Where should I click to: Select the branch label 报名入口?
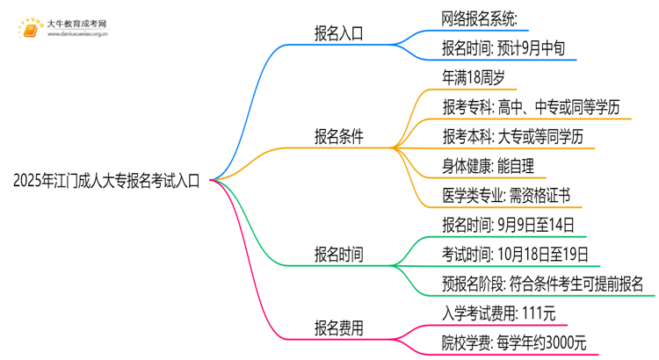point(339,35)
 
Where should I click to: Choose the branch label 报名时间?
point(339,255)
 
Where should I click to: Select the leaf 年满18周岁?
point(474,78)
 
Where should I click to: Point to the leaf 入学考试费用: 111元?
point(498,313)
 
